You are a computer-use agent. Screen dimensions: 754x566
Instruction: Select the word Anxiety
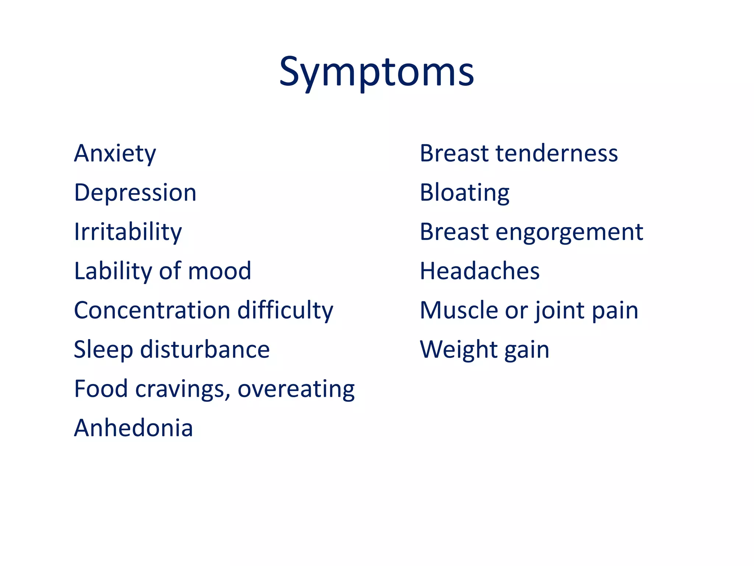(x=115, y=153)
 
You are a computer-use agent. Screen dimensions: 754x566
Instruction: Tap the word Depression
(x=135, y=192)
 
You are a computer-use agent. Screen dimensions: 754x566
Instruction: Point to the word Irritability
(x=128, y=232)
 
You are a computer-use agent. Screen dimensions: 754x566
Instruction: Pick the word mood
(x=219, y=271)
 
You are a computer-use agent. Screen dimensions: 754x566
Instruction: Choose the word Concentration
(x=152, y=310)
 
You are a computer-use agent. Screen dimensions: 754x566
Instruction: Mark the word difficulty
(x=285, y=310)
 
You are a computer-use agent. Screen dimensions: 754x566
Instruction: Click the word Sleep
(x=103, y=350)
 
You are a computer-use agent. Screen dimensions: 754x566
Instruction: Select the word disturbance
(x=205, y=350)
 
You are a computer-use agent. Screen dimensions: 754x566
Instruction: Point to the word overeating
(x=296, y=389)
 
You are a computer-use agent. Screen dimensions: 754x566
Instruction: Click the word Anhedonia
(x=133, y=428)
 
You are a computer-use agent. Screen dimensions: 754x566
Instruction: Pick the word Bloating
(x=465, y=192)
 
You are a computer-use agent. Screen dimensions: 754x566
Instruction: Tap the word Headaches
(x=480, y=271)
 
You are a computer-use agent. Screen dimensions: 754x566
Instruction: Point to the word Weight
(x=459, y=350)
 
